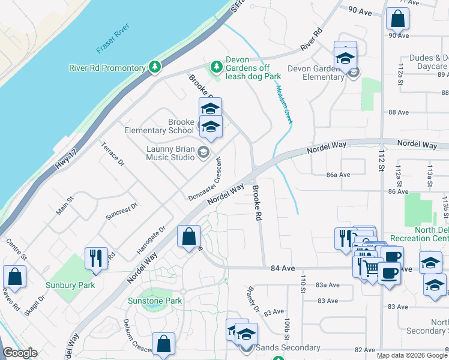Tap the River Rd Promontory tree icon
pyautogui.click(x=155, y=67)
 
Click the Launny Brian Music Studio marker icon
pyautogui.click(x=204, y=152)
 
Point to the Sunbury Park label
pyautogui.click(x=70, y=285)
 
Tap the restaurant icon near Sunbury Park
pyautogui.click(x=96, y=258)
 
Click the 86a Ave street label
pyautogui.click(x=338, y=175)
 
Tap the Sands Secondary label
pyautogui.click(x=288, y=348)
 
